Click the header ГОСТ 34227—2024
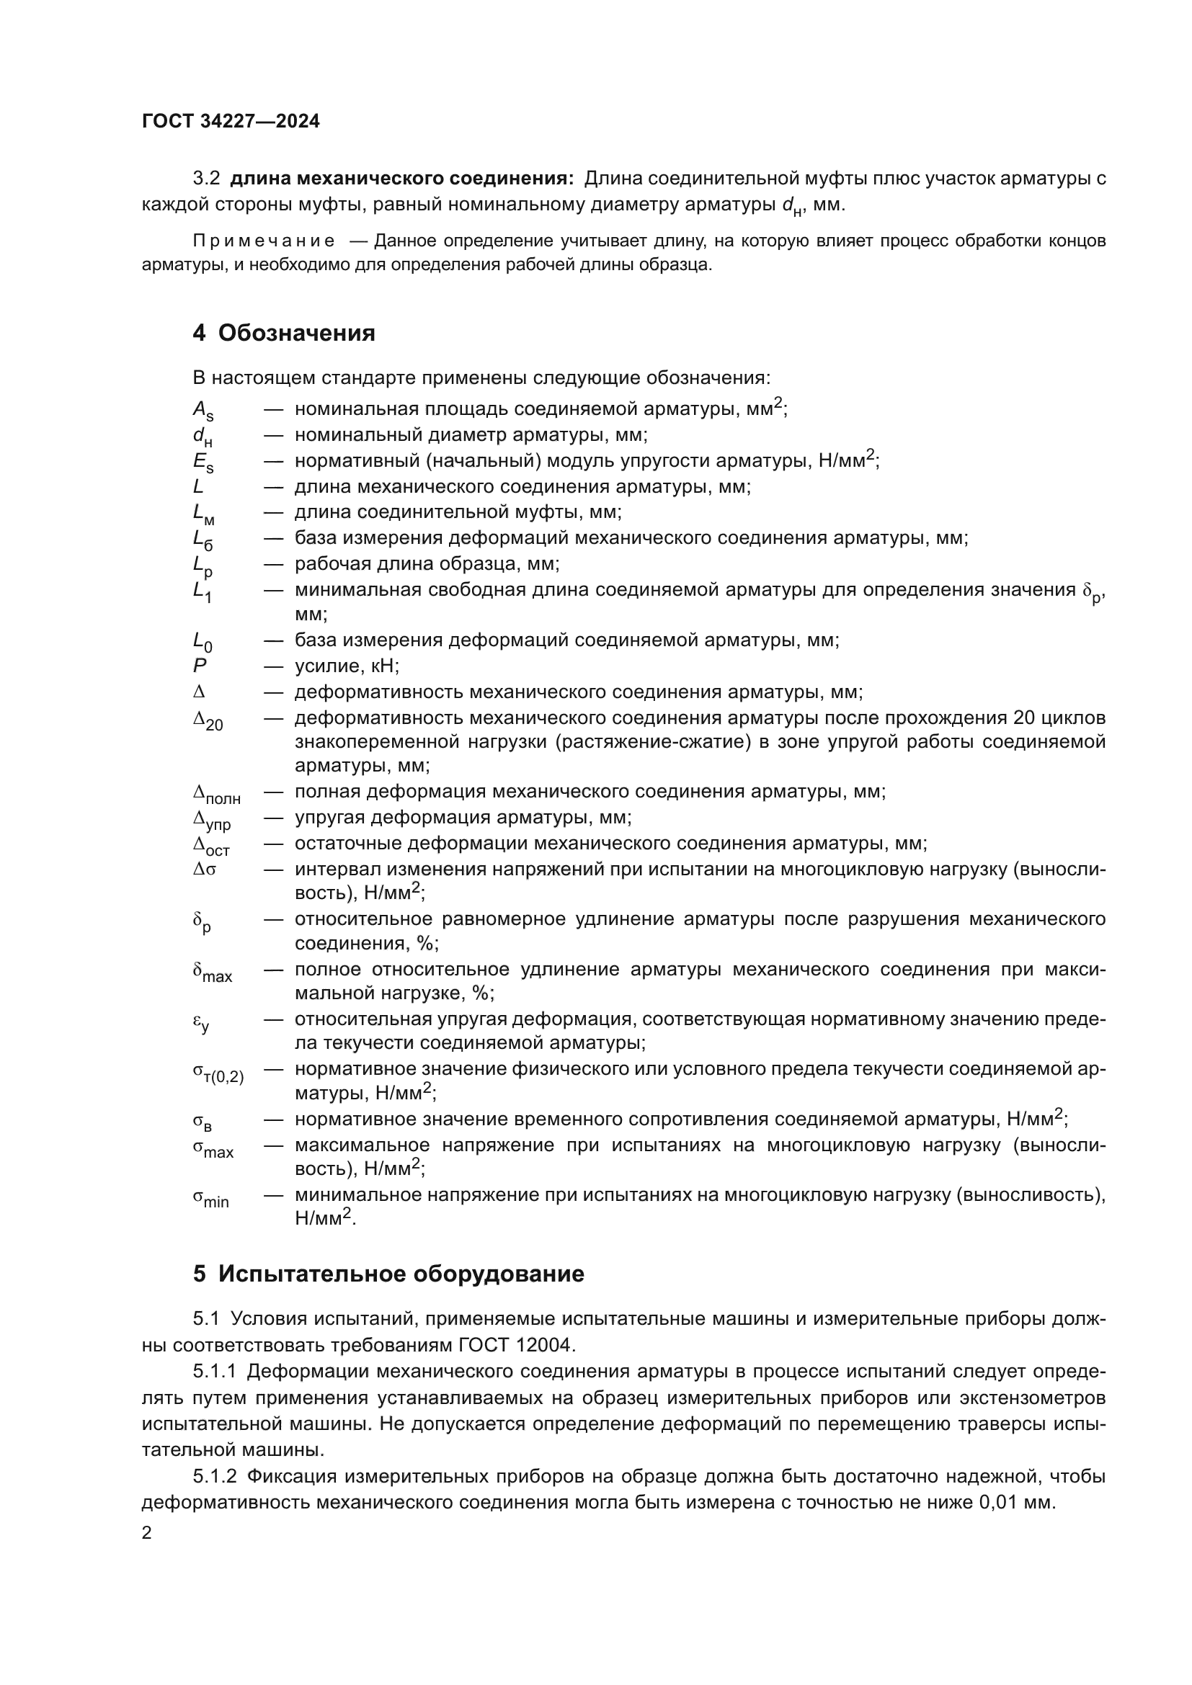point(231,122)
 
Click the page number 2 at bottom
point(147,1532)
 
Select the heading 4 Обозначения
point(283,334)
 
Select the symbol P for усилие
point(199,666)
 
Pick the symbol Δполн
point(216,794)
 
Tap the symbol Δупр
point(212,820)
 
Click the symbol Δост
point(211,846)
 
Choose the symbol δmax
point(212,973)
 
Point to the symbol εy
point(201,1022)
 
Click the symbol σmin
point(210,1198)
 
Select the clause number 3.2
point(206,179)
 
